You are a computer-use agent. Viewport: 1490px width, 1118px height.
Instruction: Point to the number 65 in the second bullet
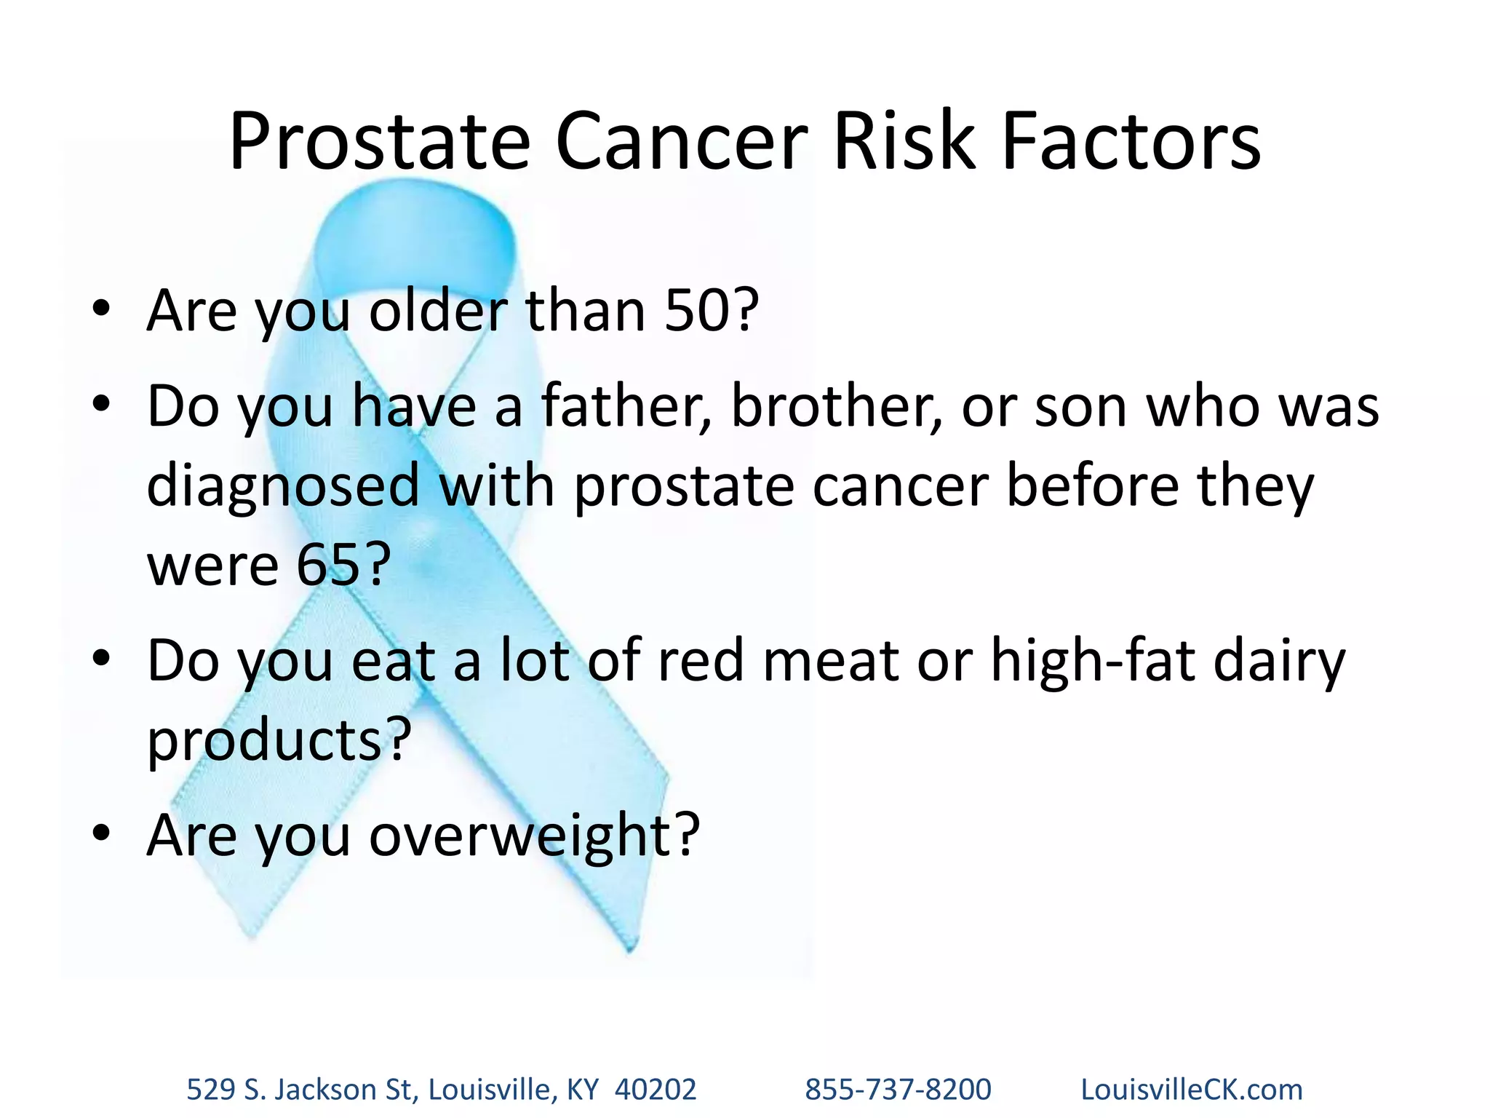tap(328, 564)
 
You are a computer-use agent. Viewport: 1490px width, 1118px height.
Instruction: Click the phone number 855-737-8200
tap(898, 1090)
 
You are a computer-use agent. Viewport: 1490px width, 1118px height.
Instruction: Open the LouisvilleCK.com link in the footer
tap(1191, 1090)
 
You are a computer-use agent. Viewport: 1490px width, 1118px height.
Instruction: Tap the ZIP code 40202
tap(656, 1090)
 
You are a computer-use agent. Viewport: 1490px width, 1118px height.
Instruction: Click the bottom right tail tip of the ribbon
tap(630, 946)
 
